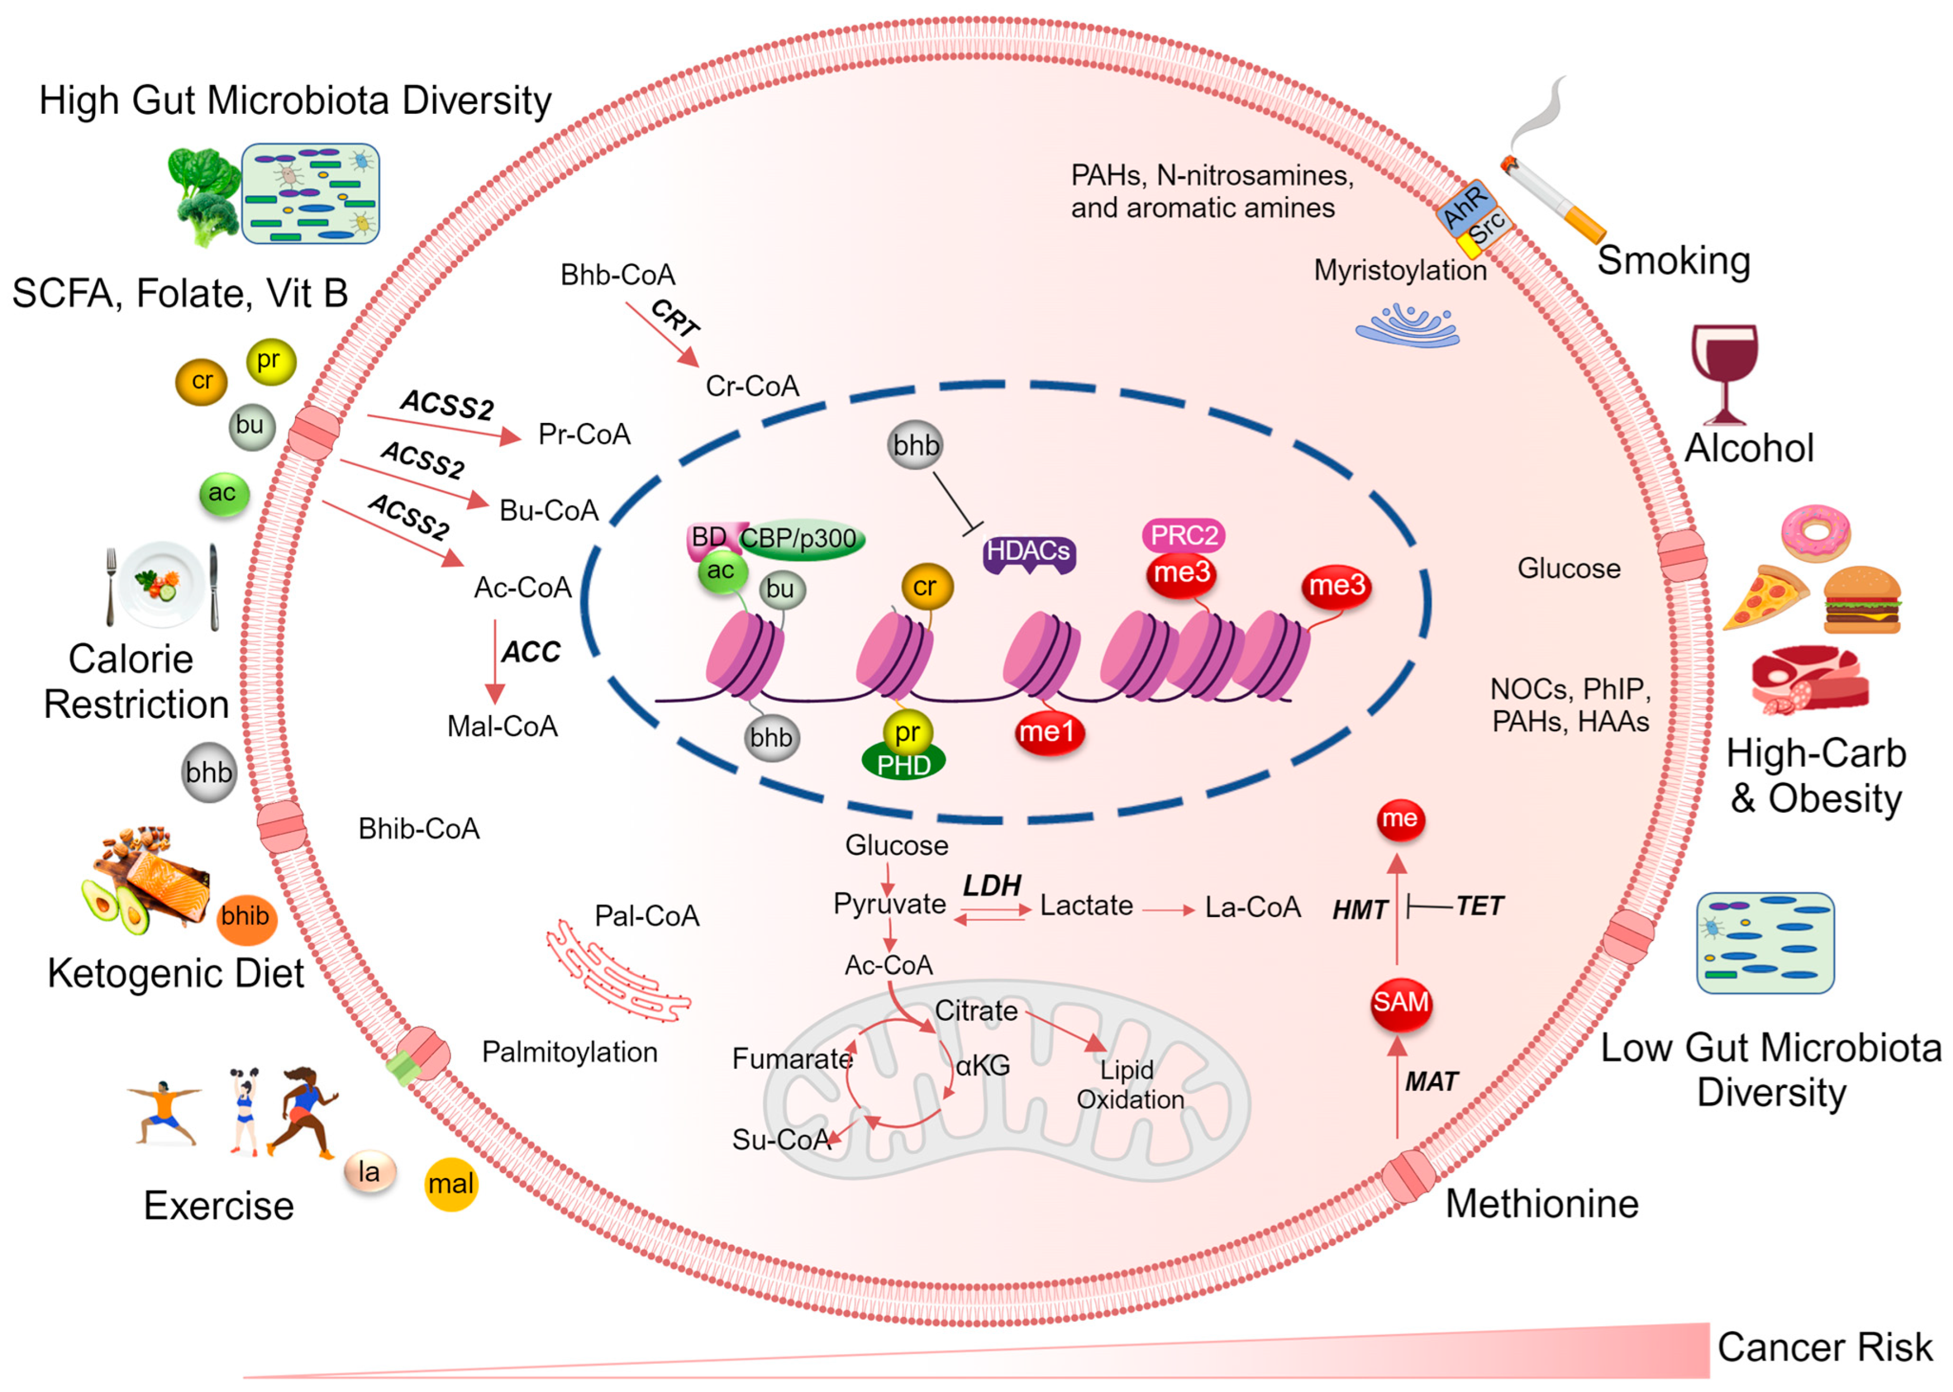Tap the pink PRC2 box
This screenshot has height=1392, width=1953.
click(x=1183, y=536)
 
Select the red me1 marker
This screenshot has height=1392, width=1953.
click(x=1047, y=733)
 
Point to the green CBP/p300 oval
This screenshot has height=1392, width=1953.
click(x=800, y=539)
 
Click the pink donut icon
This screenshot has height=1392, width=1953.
click(x=1815, y=532)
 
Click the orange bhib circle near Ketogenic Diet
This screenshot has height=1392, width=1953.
click(x=245, y=918)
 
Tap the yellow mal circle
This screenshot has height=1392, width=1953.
click(x=451, y=1185)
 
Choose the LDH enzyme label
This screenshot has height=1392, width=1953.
click(x=992, y=886)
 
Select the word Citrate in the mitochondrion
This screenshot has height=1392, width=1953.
click(x=976, y=1011)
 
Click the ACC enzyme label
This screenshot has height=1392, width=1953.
click(x=531, y=653)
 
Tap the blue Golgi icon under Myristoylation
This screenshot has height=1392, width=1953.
click(x=1406, y=326)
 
